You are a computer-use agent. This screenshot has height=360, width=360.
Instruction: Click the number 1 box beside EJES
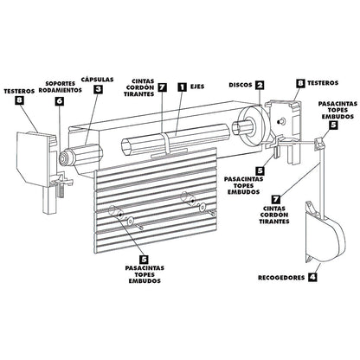pyautogui.click(x=182, y=87)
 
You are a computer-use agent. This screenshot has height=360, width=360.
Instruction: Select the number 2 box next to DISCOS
pyautogui.click(x=260, y=86)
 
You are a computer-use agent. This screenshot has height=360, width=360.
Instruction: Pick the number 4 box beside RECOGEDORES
pyautogui.click(x=312, y=278)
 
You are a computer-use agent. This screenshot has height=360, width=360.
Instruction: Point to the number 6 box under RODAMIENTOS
pyautogui.click(x=60, y=100)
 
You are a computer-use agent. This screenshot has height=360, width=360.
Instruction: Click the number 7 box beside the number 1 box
pyautogui.click(x=162, y=87)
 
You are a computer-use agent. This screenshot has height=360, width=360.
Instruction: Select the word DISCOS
pyautogui.click(x=241, y=86)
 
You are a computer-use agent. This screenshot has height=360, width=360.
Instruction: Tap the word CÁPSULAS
pyautogui.click(x=98, y=77)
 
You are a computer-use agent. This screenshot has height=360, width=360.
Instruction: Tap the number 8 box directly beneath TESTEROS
pyautogui.click(x=20, y=101)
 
